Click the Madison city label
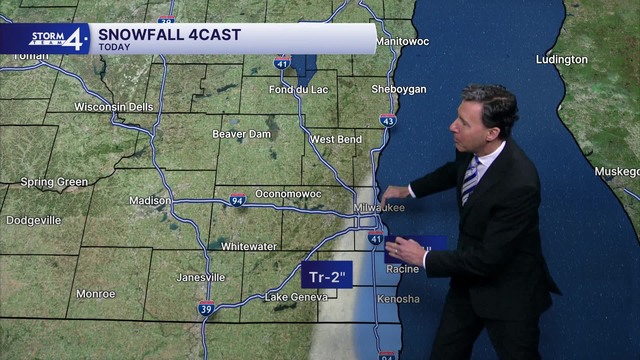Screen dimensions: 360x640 click(150, 201)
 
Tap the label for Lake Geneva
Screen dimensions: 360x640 click(296, 297)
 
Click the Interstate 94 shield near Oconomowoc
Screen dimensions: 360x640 click(237, 200)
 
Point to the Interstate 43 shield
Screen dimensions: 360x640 click(388, 121)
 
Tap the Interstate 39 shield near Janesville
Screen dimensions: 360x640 click(206, 309)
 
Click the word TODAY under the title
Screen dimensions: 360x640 click(114, 47)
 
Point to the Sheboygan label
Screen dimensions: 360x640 click(399, 89)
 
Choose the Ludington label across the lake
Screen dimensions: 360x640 click(562, 60)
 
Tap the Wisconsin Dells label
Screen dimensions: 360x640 click(114, 107)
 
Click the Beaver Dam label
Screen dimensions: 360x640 click(241, 134)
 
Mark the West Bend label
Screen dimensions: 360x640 click(336, 139)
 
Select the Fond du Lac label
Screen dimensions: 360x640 click(298, 90)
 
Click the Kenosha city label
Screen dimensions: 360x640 click(398, 299)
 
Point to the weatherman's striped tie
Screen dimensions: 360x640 click(470, 180)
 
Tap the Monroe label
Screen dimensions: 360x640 click(96, 294)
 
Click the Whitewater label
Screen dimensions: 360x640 click(249, 247)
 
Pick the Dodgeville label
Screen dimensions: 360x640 click(34, 220)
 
